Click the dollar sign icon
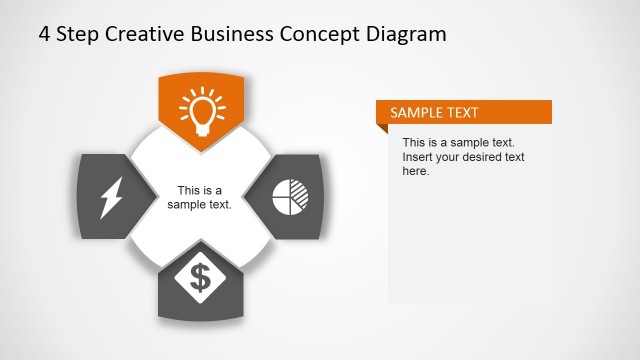200,277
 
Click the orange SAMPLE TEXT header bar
464,112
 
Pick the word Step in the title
78,34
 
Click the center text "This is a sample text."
200,197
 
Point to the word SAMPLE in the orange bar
416,112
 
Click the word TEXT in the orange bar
462,112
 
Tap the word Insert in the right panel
419,157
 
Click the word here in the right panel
415,171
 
